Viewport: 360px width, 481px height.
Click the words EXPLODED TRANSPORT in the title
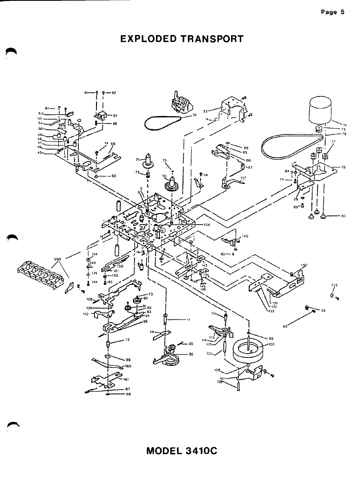click(x=182, y=39)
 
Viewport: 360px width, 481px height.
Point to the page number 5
click(x=343, y=12)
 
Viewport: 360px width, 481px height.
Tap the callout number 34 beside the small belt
click(x=194, y=115)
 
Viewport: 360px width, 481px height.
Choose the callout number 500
click(x=57, y=258)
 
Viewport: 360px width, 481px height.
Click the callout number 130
click(x=303, y=265)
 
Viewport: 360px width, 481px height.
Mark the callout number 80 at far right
click(x=343, y=216)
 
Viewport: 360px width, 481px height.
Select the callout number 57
click(x=115, y=116)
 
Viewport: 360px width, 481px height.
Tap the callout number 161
click(x=126, y=379)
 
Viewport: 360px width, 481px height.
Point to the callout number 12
click(x=127, y=340)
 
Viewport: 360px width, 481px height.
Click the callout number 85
click(x=190, y=354)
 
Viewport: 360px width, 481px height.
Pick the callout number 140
click(x=245, y=236)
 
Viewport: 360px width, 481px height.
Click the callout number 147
click(x=243, y=178)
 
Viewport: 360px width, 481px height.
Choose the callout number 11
click(x=188, y=319)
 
